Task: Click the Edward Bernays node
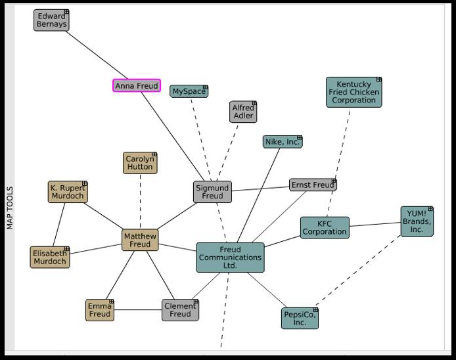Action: pos(51,20)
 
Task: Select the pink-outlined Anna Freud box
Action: pos(137,86)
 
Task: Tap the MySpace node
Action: pos(189,91)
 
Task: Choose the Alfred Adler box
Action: pos(243,112)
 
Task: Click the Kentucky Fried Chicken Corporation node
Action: pos(353,93)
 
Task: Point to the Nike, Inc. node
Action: pos(283,142)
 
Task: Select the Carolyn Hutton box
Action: pos(140,163)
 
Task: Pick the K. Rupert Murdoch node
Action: pos(68,192)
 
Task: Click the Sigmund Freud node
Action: pos(212,192)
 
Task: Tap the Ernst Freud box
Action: pos(313,185)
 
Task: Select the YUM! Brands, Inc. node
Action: pos(417,221)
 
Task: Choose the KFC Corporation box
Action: pos(325,228)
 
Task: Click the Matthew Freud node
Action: pos(140,240)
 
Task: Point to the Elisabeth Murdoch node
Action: pos(50,258)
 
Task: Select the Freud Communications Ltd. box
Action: pos(230,258)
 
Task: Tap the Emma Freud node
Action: pos(100,310)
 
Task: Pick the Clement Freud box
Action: pos(180,310)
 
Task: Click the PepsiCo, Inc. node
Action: pos(300,318)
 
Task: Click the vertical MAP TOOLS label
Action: pos(9,208)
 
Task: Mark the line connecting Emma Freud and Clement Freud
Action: pos(138,310)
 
